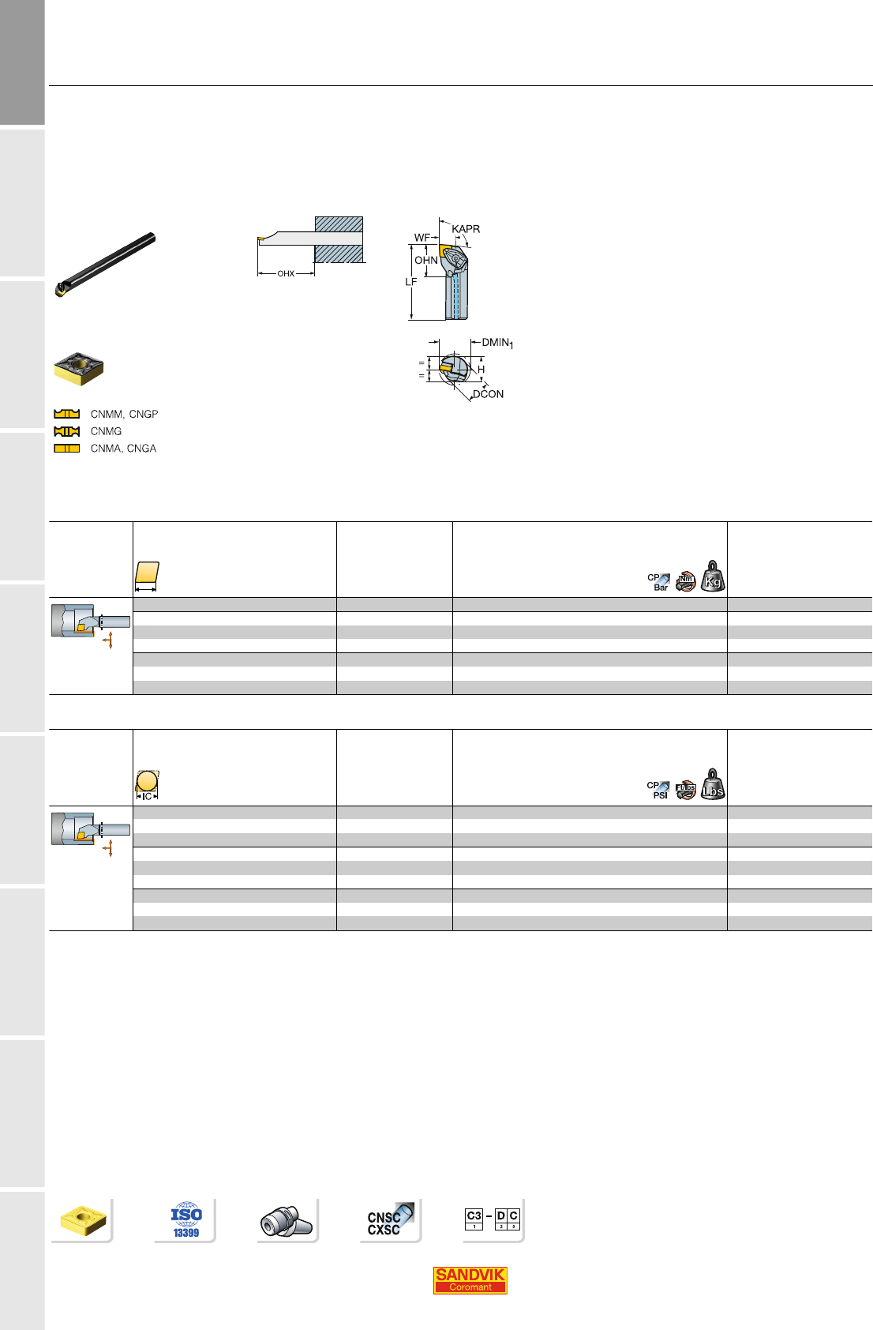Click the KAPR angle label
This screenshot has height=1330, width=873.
tap(466, 229)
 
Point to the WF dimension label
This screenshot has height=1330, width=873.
tap(422, 238)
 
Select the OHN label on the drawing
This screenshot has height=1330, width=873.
tap(426, 260)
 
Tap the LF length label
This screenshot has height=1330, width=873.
tap(410, 281)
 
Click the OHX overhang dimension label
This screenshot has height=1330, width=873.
tap(286, 274)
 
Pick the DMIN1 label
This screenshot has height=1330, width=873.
tap(497, 343)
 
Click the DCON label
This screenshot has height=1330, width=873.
tap(488, 394)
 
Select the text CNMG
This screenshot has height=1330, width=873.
tap(107, 431)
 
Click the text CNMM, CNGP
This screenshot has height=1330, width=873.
tap(124, 414)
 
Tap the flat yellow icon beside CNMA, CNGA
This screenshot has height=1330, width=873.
tap(66, 449)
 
